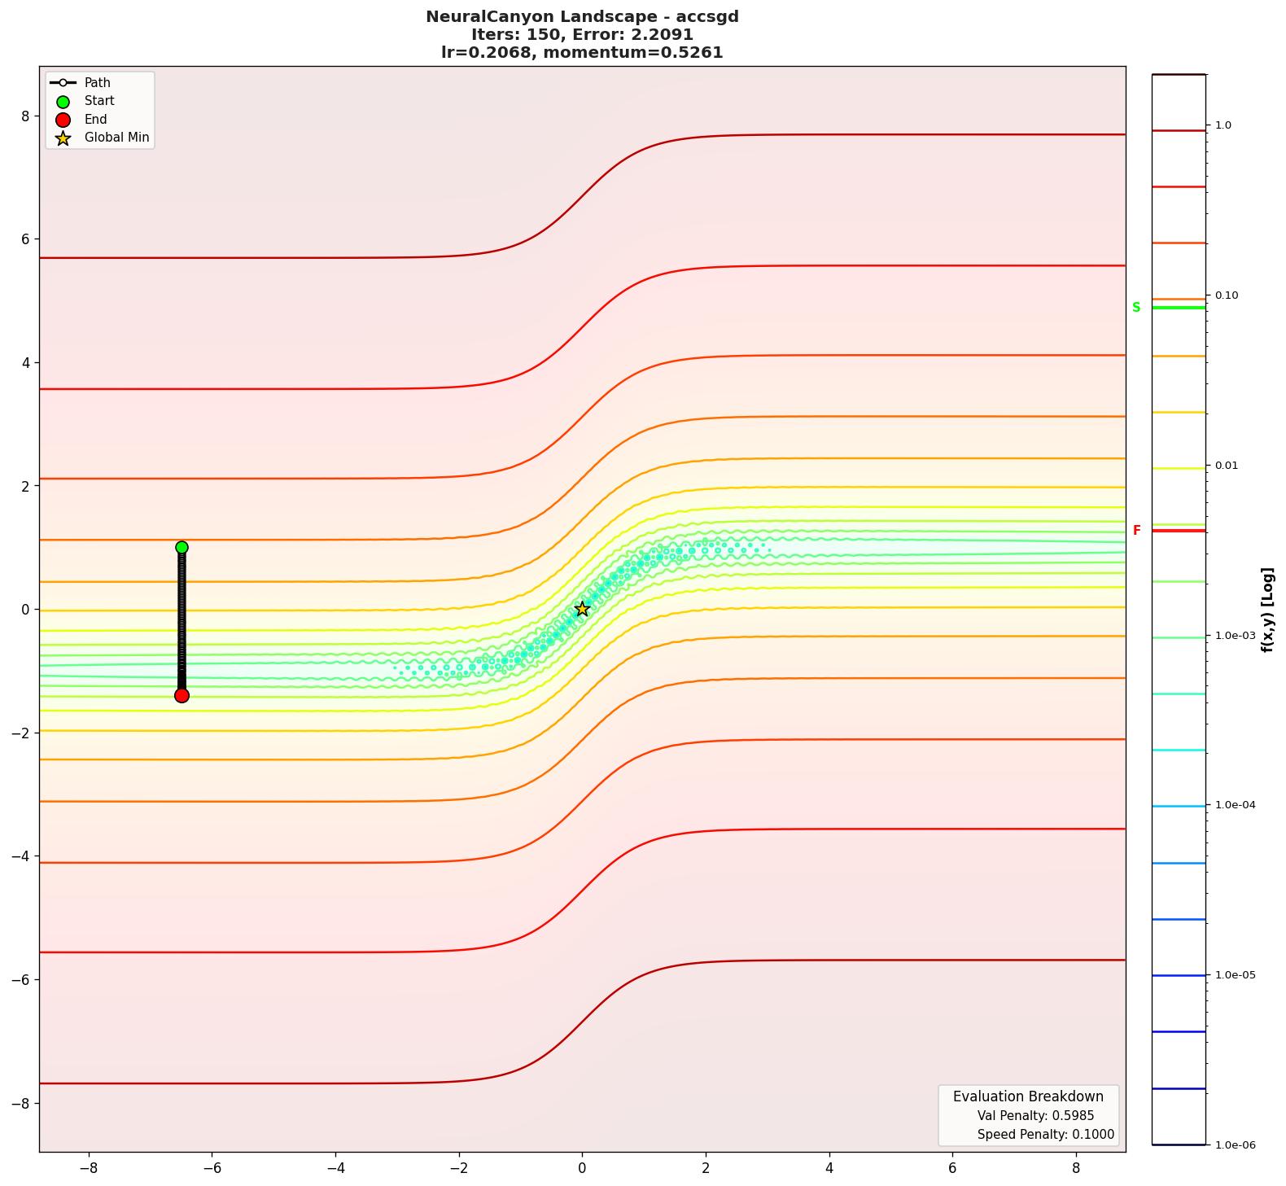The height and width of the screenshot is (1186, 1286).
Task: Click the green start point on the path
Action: pyautogui.click(x=182, y=547)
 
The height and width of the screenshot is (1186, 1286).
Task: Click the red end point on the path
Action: pyautogui.click(x=182, y=695)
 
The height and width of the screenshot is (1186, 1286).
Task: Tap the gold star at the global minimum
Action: pyautogui.click(x=582, y=609)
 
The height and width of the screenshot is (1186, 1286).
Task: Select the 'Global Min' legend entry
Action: pyautogui.click(x=116, y=138)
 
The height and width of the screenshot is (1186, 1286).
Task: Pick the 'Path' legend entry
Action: pyautogui.click(x=97, y=83)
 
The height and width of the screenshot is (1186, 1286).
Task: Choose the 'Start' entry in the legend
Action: pyautogui.click(x=99, y=101)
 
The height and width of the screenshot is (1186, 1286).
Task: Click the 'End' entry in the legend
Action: pyautogui.click(x=95, y=120)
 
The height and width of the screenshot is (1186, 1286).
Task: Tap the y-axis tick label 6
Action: pyautogui.click(x=24, y=239)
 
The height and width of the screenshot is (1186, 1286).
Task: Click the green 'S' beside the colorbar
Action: pyautogui.click(x=1136, y=308)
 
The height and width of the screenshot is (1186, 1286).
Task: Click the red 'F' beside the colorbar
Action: pyautogui.click(x=1136, y=531)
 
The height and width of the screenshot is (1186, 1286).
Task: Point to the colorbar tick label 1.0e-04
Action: pyautogui.click(x=1235, y=805)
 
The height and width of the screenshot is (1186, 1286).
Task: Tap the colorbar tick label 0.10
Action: pyautogui.click(x=1227, y=295)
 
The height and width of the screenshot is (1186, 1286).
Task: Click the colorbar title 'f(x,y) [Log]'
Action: pyautogui.click(x=1267, y=610)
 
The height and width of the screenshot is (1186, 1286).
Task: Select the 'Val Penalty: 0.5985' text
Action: pyautogui.click(x=1035, y=1116)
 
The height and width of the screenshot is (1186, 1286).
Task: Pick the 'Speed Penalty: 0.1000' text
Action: pyautogui.click(x=1045, y=1135)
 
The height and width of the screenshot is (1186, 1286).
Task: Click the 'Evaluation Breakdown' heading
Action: pyautogui.click(x=1028, y=1096)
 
